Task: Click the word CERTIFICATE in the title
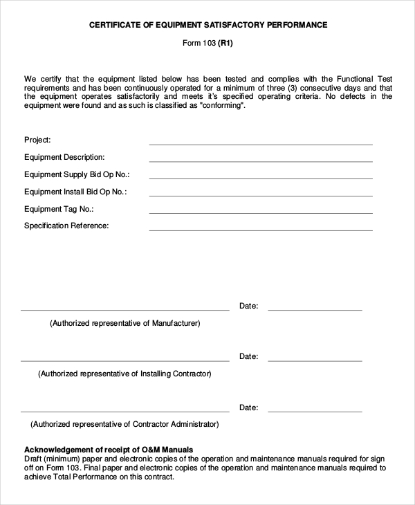coord(116,25)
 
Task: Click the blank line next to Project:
coord(261,144)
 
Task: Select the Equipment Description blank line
coord(261,161)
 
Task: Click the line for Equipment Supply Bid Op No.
coord(261,178)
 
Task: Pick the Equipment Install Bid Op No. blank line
coord(261,196)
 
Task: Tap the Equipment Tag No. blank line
coord(261,213)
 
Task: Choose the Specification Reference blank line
coord(261,230)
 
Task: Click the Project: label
coord(37,140)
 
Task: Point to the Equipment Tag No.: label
coord(59,209)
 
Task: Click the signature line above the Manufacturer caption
coord(124,309)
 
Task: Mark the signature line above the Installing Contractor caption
coord(124,360)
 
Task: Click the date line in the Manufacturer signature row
coord(315,309)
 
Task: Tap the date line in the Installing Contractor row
coord(315,360)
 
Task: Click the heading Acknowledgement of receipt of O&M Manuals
coord(109,450)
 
